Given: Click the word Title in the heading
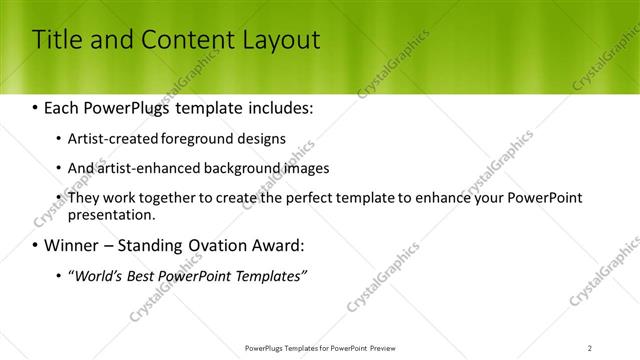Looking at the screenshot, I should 58,40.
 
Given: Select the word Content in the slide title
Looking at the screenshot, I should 183,40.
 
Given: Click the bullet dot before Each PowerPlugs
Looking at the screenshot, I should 36,105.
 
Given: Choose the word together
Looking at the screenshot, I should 162,198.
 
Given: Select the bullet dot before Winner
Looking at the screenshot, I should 36,245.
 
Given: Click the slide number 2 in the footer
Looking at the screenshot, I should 589,347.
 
